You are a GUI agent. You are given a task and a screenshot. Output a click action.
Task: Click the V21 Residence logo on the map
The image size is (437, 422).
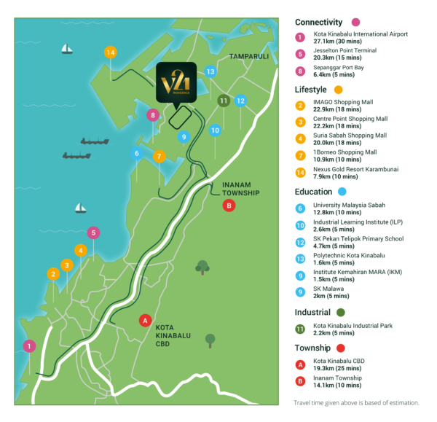[x=176, y=82]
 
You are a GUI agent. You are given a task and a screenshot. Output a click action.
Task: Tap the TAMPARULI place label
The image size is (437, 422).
[x=248, y=56]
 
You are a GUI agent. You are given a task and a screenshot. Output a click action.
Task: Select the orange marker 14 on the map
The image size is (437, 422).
[x=110, y=52]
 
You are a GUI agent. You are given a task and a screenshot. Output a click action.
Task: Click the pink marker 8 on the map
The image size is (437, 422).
[x=152, y=114]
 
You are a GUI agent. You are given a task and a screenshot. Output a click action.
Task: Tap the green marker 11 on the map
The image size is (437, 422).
[x=224, y=100]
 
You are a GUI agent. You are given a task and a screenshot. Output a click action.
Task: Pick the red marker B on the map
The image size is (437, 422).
[x=229, y=206]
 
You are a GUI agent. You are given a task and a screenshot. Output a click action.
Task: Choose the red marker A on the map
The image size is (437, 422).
[x=145, y=320]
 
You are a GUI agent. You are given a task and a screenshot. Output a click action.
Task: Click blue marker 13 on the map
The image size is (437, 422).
[x=210, y=71]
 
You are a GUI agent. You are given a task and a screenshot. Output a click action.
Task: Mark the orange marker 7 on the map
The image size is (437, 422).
[x=159, y=156]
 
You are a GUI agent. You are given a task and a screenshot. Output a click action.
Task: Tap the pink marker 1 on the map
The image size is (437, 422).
[x=29, y=346]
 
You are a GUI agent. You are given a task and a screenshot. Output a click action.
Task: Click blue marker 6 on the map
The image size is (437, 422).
[x=135, y=153]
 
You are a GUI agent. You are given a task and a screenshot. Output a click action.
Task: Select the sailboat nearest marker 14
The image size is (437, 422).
[x=67, y=49]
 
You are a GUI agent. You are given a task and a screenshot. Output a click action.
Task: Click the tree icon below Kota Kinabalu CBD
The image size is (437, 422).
[x=210, y=340]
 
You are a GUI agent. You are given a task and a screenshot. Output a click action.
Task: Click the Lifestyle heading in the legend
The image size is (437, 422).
[x=311, y=89]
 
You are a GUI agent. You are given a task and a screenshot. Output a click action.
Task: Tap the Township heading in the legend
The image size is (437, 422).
[x=312, y=348]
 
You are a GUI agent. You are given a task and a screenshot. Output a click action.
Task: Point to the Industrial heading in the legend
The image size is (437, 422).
[x=313, y=311]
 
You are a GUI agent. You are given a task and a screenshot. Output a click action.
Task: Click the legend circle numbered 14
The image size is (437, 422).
[x=300, y=173]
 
